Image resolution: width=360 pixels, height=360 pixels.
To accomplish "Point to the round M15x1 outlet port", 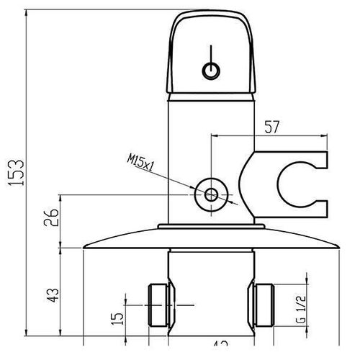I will coord(211,193).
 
